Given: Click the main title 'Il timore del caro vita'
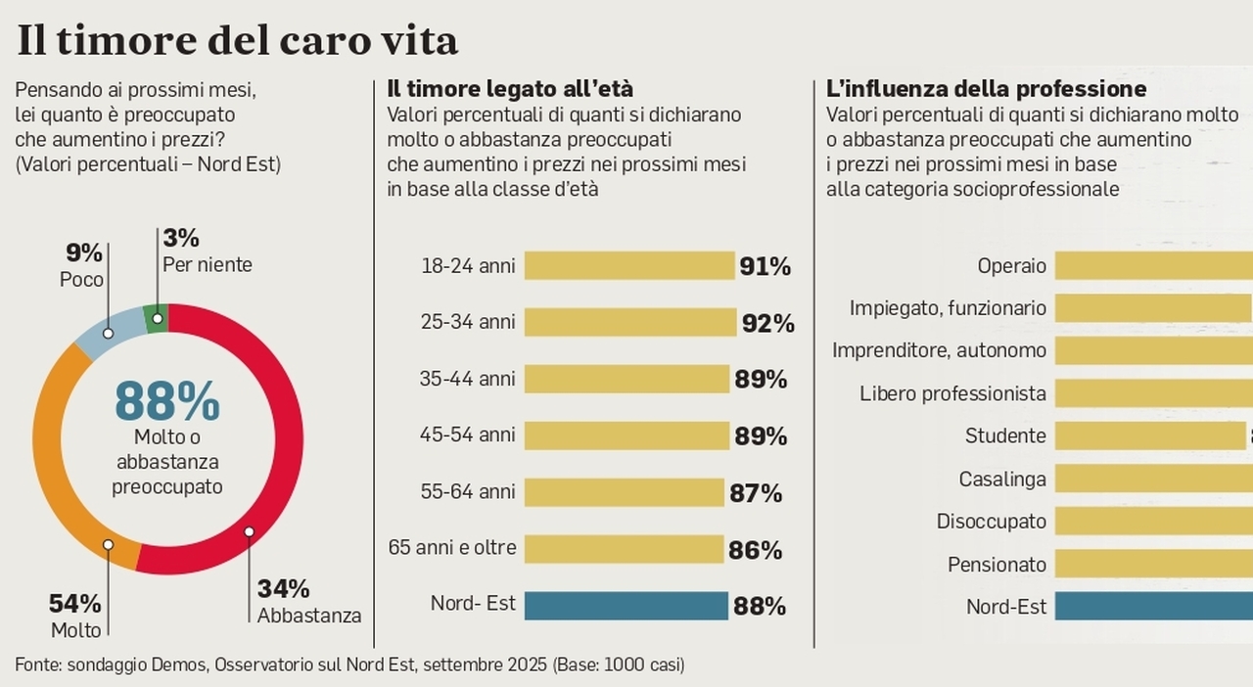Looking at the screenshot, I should pos(238,40).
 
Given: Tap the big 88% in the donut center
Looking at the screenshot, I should pos(167,400).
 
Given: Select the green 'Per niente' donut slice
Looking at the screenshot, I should pos(156,317).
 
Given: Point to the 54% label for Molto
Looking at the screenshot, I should pos(75,604).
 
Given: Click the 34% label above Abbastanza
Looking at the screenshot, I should pos(284,589).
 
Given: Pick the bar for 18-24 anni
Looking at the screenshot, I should pos(628,266).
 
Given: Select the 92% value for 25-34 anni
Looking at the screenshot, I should pos(767,323).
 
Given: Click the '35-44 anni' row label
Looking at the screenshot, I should pos(467,379).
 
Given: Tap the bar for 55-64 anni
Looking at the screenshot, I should pos(624,492).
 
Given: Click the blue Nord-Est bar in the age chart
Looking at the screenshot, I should pos(626,606).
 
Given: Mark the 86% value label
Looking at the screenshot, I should pos(755,550).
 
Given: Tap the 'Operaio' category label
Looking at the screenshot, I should pos(1011,266).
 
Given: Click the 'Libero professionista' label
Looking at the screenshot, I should pos(952,393).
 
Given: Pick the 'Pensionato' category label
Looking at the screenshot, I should pos(997,565).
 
